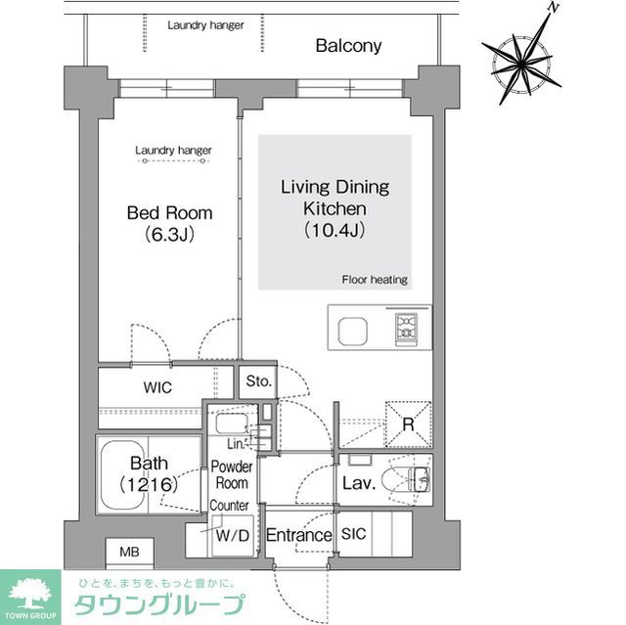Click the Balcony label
click(x=348, y=45)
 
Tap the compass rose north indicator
click(x=553, y=7)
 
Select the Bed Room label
click(x=169, y=223)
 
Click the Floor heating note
click(x=374, y=280)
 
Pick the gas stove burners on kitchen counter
click(x=406, y=329)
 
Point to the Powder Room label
click(x=232, y=475)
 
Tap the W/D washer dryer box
click(x=232, y=536)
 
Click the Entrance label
click(x=299, y=535)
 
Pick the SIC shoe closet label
click(x=353, y=535)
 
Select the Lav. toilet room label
click(x=359, y=482)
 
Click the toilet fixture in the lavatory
click(x=412, y=480)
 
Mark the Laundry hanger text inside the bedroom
click(x=173, y=151)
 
